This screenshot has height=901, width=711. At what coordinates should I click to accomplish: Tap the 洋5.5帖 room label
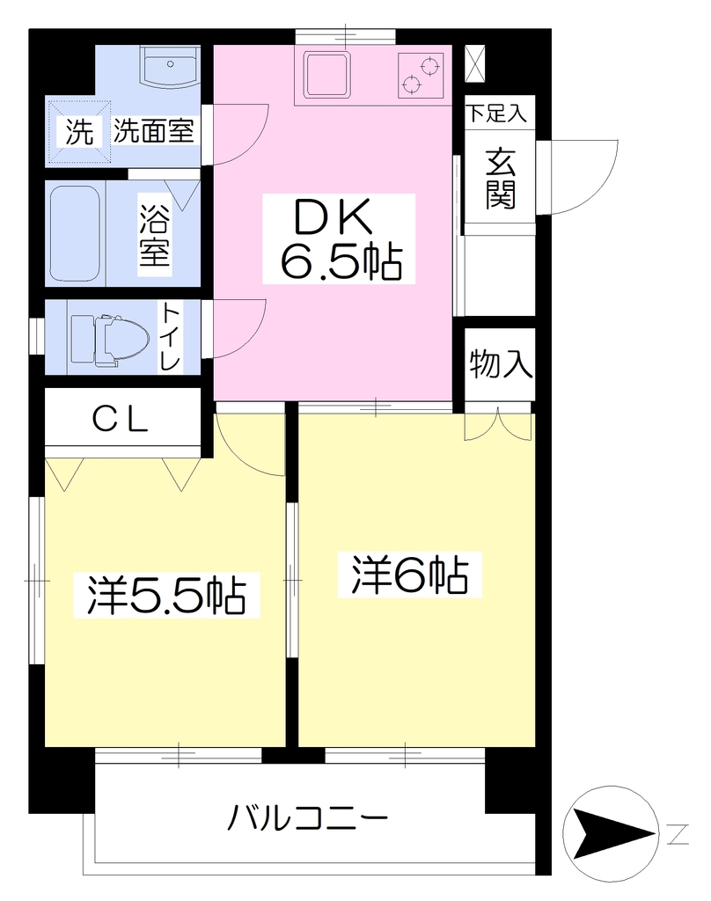click(x=166, y=596)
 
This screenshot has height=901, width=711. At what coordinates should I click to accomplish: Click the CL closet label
click(x=121, y=420)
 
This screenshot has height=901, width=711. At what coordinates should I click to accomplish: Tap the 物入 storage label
click(x=500, y=363)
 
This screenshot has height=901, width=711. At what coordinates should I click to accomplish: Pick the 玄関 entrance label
click(x=501, y=179)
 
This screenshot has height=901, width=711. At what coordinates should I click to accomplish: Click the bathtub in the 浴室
click(x=76, y=232)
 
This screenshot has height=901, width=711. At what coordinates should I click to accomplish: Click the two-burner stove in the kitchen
click(x=421, y=76)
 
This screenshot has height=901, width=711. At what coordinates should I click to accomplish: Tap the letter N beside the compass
click(x=678, y=834)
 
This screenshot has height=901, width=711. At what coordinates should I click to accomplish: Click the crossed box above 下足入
click(x=476, y=62)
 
